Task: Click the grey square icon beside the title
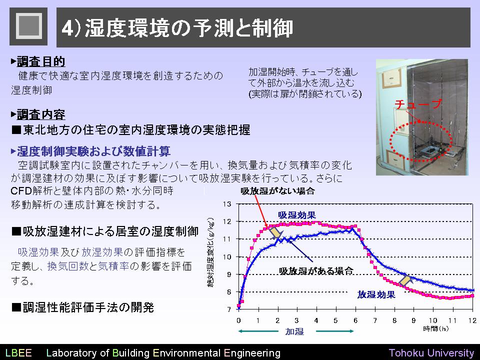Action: point(28,26)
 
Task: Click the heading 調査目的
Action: point(40,61)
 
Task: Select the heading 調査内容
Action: point(40,114)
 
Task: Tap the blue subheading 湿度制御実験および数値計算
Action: point(93,151)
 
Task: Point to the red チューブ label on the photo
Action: point(418,104)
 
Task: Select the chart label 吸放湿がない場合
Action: point(277,191)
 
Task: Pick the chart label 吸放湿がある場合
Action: point(316,270)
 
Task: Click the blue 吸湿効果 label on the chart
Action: point(296,215)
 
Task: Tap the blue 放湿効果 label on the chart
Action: point(376,294)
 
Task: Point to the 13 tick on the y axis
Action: point(227,204)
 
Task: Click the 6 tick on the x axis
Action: point(355,320)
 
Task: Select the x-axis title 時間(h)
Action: point(435,329)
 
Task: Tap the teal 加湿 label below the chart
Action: point(294,331)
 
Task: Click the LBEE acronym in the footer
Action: point(18,352)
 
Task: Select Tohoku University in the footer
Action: point(431,353)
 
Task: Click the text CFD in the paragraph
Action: point(21,190)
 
